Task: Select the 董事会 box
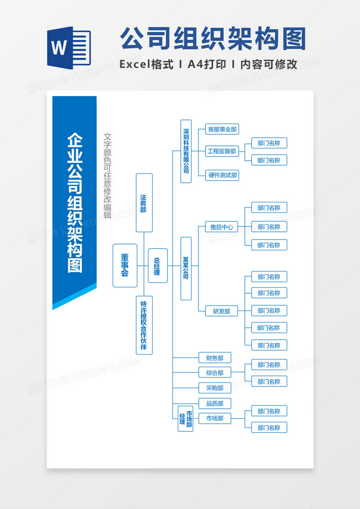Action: [125, 266]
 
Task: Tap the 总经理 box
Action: [157, 266]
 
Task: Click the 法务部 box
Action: [144, 202]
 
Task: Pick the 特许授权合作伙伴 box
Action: [144, 325]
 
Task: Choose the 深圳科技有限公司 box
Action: [186, 151]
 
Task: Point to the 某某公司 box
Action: [186, 268]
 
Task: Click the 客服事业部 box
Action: [222, 129]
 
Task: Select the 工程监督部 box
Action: [222, 151]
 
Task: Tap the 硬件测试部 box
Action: [222, 175]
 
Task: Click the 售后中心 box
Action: [222, 227]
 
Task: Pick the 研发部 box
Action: [222, 311]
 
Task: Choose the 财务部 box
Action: [215, 358]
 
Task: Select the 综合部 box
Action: [215, 373]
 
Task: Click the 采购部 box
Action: [215, 388]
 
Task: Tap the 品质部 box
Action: [215, 403]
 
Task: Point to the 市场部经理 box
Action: [186, 418]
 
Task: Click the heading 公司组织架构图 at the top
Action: [213, 39]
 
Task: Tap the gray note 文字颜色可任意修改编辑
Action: [108, 176]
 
